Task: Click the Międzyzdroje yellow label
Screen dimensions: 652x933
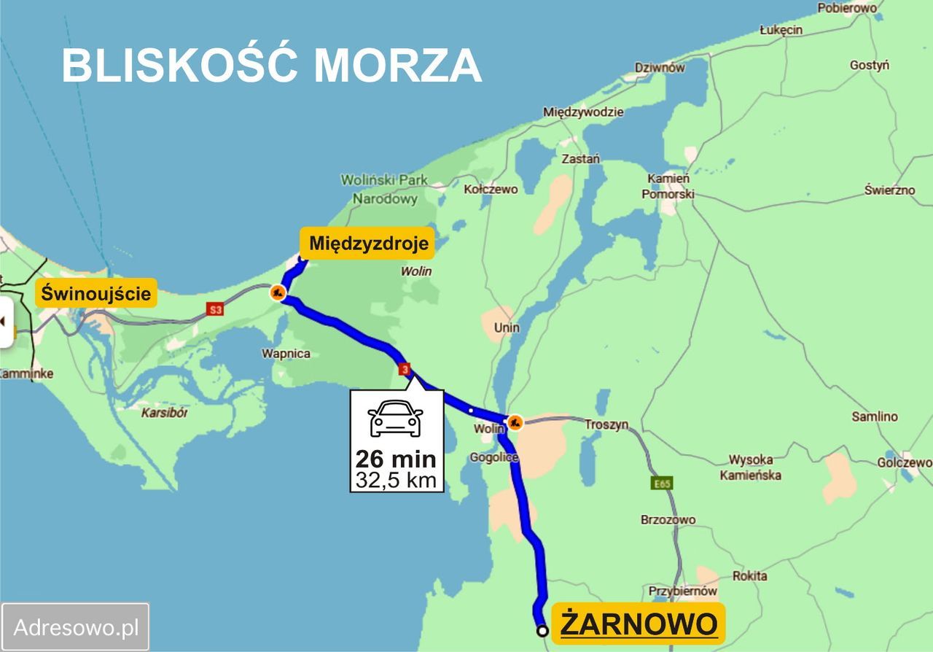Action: [368, 244]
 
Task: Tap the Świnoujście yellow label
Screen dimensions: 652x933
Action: [96, 294]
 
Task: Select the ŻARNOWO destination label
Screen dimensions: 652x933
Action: [639, 624]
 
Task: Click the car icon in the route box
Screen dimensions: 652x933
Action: [396, 419]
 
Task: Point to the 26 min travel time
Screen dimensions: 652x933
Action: [396, 459]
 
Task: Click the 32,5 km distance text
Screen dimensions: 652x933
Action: [396, 480]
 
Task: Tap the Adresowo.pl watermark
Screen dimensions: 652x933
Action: [76, 626]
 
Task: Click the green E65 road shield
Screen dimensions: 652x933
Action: [662, 483]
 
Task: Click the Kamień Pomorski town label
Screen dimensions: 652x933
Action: [668, 187]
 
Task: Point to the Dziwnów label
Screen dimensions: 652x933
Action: [660, 68]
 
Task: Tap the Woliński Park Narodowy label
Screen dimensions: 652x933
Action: [385, 189]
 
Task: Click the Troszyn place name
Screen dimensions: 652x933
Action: [606, 424]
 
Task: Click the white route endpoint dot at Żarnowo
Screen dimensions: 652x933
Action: [542, 631]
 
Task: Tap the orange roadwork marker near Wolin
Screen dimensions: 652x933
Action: [515, 422]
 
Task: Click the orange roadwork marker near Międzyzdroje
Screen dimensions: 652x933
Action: [277, 293]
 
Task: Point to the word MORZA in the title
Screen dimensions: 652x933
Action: [398, 66]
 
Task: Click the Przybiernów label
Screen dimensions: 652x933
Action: [683, 591]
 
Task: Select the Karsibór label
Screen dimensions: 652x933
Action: [165, 413]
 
